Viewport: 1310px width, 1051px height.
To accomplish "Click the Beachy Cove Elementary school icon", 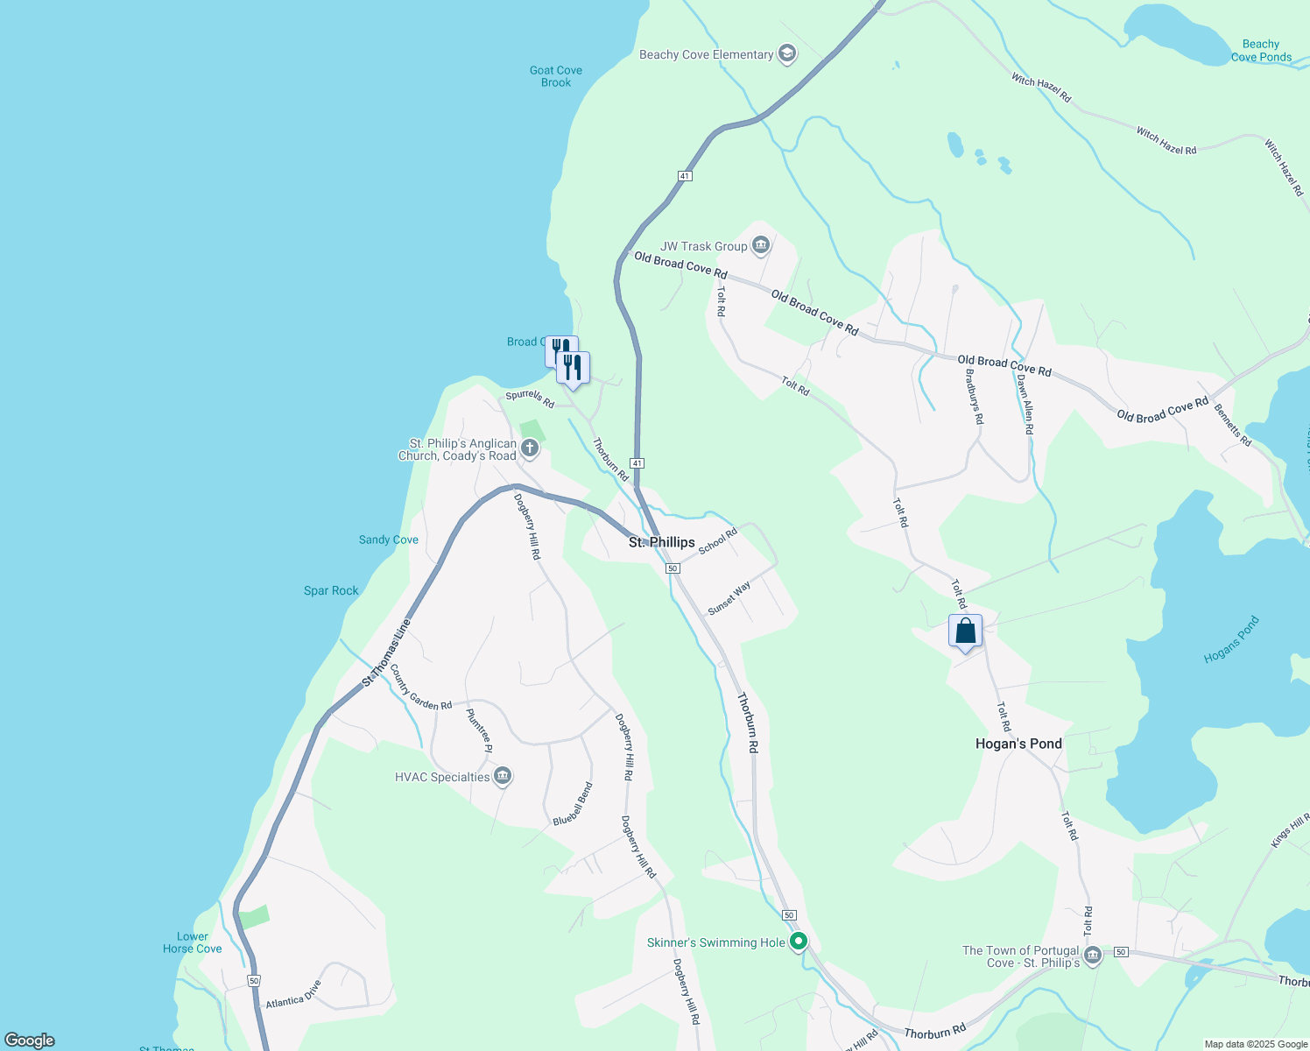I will [x=786, y=54].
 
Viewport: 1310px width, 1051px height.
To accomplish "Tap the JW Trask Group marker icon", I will [x=760, y=245].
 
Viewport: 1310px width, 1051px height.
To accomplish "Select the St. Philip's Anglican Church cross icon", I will [x=529, y=449].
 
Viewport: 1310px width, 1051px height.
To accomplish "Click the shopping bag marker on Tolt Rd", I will [x=965, y=631].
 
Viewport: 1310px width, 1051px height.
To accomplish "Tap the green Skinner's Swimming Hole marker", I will [x=798, y=942].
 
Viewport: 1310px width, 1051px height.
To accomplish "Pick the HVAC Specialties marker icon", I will [x=502, y=776].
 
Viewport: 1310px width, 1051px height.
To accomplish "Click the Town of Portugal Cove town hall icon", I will [x=1092, y=956].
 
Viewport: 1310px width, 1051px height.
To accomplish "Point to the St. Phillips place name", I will [x=662, y=542].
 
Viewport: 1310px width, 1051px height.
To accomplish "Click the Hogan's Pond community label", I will [x=1018, y=744].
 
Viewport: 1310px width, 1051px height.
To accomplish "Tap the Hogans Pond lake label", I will [x=1231, y=639].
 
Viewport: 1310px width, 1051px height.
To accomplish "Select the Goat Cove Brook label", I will [x=556, y=76].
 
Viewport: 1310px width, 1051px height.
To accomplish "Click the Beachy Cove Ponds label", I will [x=1261, y=51].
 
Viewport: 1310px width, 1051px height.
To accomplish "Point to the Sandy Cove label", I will [x=389, y=540].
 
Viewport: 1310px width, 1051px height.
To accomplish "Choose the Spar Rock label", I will [x=331, y=590].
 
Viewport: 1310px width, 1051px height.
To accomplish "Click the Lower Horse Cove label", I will [x=193, y=942].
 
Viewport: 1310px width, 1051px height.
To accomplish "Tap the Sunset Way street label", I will [x=729, y=598].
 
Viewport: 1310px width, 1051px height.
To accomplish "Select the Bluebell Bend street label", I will [x=574, y=804].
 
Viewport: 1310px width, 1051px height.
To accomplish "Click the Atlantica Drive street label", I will [x=294, y=995].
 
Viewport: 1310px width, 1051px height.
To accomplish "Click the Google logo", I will [x=30, y=1040].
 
